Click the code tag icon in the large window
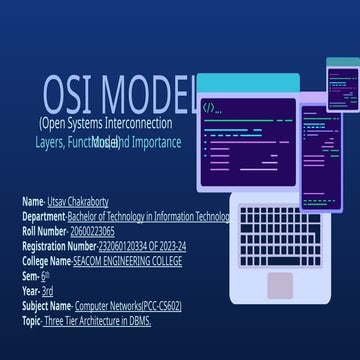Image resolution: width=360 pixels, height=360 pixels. (x=209, y=106)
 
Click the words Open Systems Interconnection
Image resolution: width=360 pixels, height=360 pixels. (x=106, y=124)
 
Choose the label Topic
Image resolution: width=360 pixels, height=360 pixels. (x=35, y=320)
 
